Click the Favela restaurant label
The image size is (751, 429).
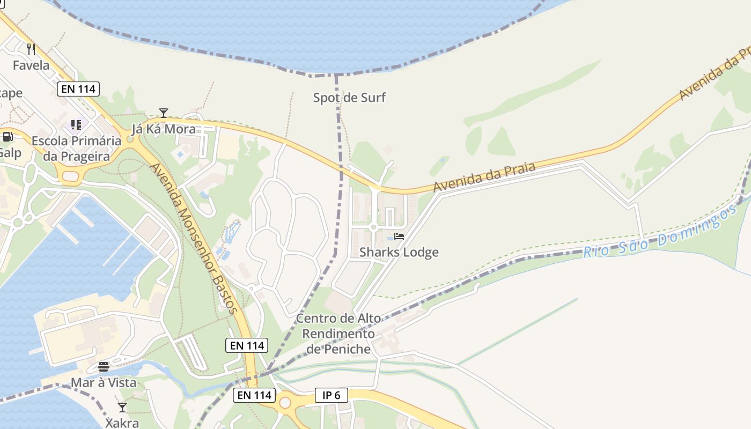31,65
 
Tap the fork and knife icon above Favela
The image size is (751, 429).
31,49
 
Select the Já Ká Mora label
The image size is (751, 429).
164,129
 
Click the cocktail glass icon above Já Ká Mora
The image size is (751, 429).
164,113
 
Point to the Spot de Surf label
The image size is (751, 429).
349,98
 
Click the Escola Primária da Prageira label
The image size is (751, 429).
76,149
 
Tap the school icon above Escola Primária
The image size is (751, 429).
76,125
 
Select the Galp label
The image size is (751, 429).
10,153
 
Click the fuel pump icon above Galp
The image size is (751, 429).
8,137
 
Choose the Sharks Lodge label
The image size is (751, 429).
399,252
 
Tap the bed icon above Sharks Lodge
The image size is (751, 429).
399,236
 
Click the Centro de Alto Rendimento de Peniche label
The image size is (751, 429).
338,334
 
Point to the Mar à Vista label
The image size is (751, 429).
104,383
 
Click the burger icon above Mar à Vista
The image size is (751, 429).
104,367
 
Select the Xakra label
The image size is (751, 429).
122,423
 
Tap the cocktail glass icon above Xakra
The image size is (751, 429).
122,408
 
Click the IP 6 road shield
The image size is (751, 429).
331,396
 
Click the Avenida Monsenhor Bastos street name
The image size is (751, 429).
193,238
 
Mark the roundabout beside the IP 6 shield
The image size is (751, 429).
285,402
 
